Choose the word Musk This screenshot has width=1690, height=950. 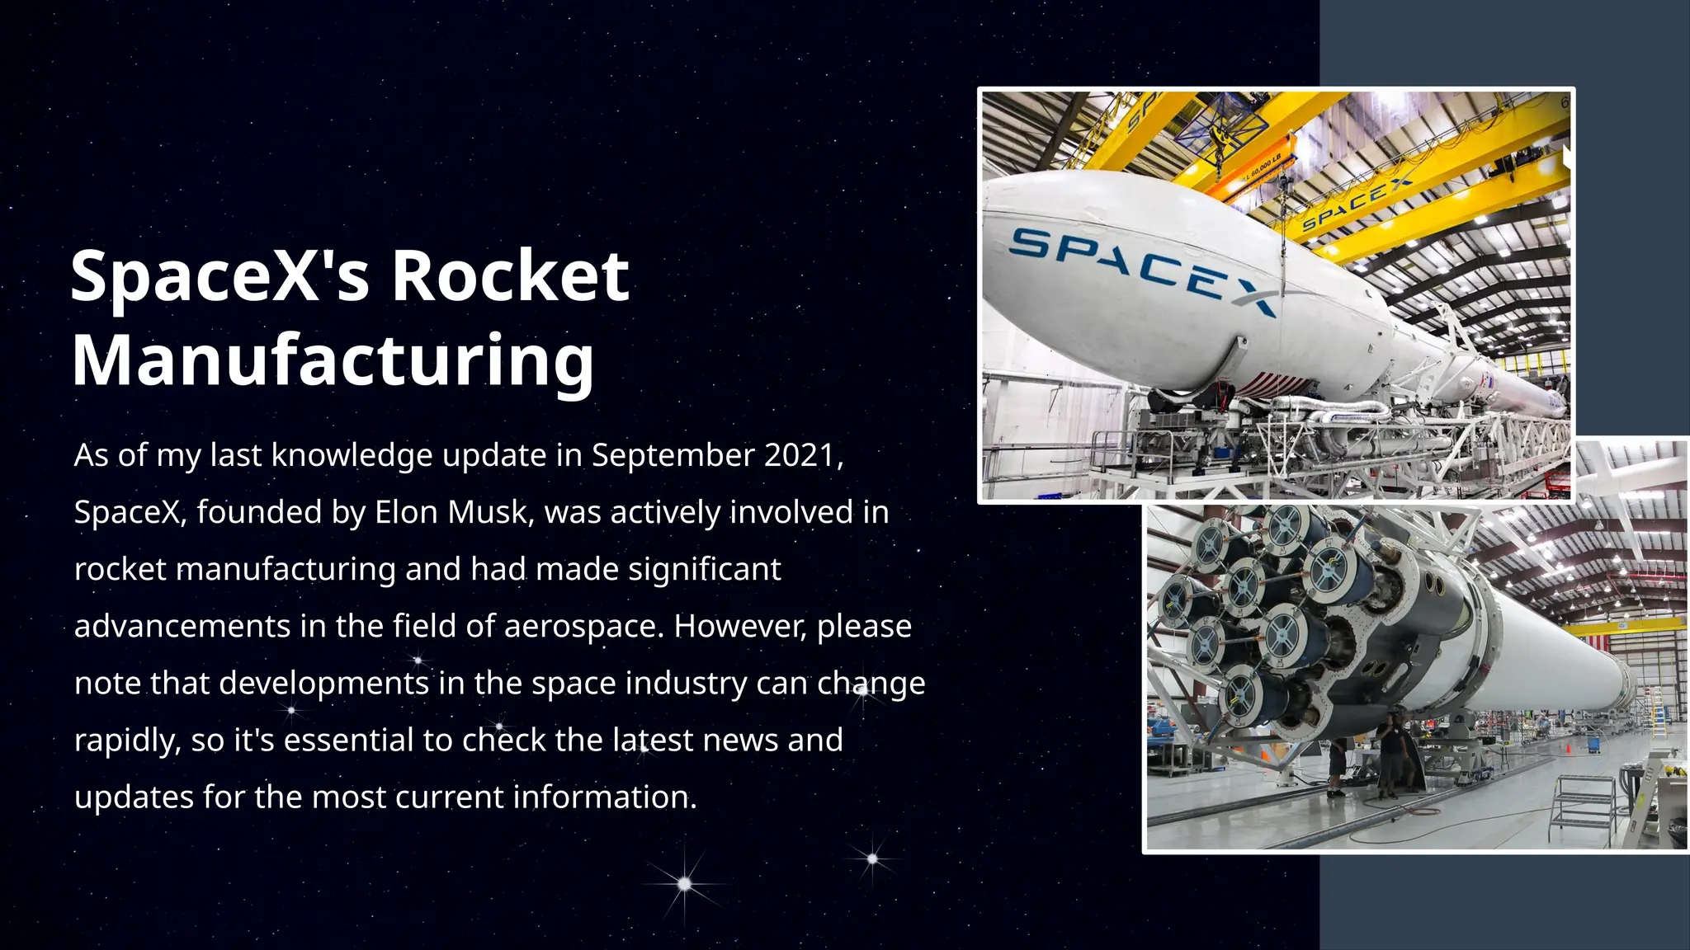pyautogui.click(x=490, y=512)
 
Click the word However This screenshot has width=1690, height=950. pyautogui.click(x=739, y=626)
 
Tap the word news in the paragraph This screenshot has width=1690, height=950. pyautogui.click(x=740, y=740)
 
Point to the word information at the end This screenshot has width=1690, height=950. pyautogui.click(x=605, y=797)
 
